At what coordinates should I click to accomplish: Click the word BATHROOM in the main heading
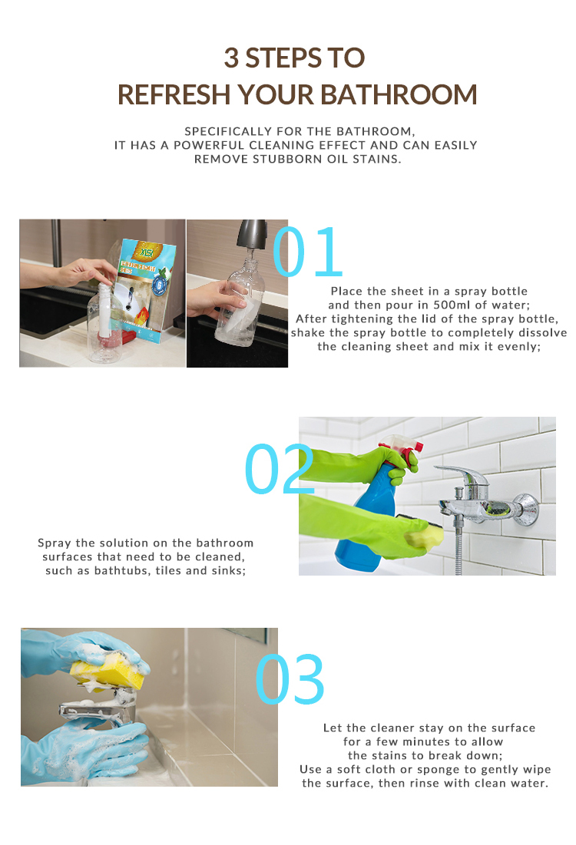pyautogui.click(x=399, y=95)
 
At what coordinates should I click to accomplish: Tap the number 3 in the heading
pyautogui.click(x=231, y=58)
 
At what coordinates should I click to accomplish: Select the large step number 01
pyautogui.click(x=308, y=251)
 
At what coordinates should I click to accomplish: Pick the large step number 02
pyautogui.click(x=280, y=469)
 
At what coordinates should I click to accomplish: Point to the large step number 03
pyautogui.click(x=290, y=679)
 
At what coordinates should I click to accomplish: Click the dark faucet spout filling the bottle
pyautogui.click(x=253, y=233)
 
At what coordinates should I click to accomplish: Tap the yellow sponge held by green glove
pyautogui.click(x=423, y=536)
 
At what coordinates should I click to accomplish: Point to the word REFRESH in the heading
pyautogui.click(x=174, y=95)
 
